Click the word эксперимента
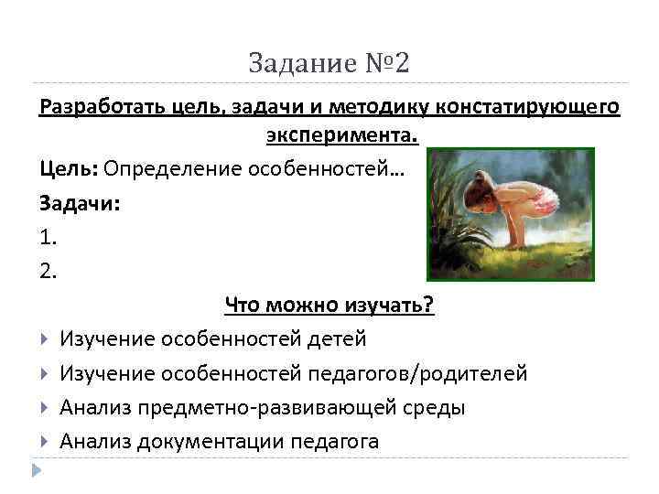(341, 136)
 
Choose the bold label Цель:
(69, 169)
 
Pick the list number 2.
(49, 270)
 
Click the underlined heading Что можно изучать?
(329, 305)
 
